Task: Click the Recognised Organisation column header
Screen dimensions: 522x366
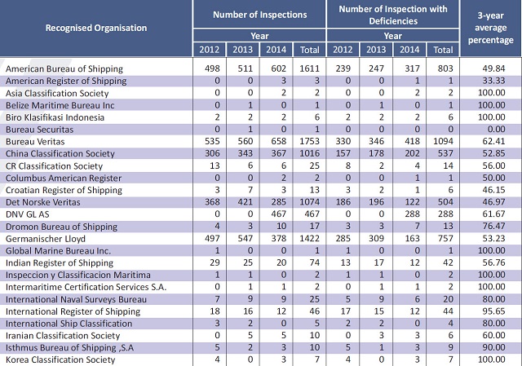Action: [96, 28]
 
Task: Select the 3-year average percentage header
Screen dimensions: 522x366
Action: [491, 28]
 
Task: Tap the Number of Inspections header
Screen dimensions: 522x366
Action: [259, 15]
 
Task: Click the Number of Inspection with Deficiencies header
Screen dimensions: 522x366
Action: [393, 15]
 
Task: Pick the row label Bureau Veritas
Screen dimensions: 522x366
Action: [35, 142]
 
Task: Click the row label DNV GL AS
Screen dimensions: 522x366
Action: [27, 214]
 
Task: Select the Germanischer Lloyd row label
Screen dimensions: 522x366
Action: [46, 239]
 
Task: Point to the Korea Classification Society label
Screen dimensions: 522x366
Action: [60, 359]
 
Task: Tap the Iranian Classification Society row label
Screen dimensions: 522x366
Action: [63, 335]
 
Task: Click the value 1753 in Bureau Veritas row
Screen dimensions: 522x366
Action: [309, 141]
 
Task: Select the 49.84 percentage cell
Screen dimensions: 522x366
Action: [493, 68]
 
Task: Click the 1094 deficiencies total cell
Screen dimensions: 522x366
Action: [443, 141]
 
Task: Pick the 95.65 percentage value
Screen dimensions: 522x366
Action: [493, 311]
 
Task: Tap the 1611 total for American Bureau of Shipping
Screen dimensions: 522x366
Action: [309, 68]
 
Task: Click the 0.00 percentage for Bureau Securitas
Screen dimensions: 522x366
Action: [497, 130]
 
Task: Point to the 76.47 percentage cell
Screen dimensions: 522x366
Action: [493, 227]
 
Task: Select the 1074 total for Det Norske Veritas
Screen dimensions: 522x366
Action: [309, 202]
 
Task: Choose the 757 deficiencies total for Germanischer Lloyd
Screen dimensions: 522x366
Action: [445, 239]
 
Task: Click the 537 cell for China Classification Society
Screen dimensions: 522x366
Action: [445, 153]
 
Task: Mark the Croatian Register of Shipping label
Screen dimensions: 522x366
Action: [64, 190]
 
